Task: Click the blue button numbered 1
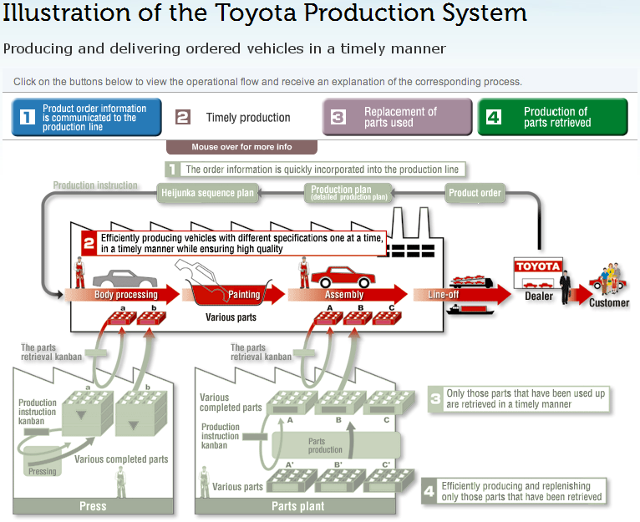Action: point(87,117)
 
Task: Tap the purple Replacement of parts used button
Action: point(397,117)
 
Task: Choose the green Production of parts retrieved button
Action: point(552,117)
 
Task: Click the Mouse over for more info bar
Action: point(241,147)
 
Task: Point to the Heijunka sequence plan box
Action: point(206,193)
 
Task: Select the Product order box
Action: point(475,193)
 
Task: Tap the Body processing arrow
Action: point(125,295)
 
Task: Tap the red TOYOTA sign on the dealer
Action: point(538,266)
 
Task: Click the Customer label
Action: point(609,302)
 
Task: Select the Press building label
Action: point(93,505)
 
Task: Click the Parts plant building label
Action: point(297,505)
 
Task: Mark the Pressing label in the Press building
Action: point(42,471)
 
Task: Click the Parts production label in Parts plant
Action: point(325,445)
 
